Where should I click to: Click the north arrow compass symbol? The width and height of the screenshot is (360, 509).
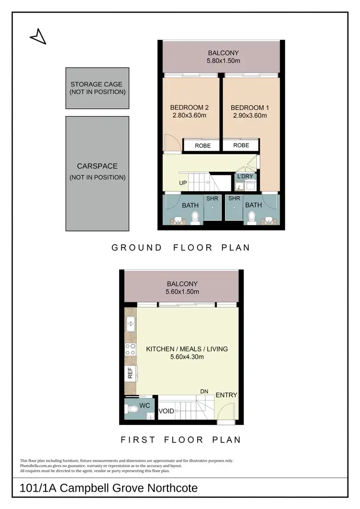pos(38,36)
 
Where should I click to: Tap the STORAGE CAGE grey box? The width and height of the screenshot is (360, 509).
pos(97,88)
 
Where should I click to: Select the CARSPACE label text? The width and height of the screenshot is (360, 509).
pos(97,166)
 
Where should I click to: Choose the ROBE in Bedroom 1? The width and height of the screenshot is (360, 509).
pos(241,145)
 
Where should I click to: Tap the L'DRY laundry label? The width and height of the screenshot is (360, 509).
pos(246,177)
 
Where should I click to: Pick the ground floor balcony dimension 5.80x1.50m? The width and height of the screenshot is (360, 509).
pos(223,61)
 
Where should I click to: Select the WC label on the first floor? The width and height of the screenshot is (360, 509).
pos(145,406)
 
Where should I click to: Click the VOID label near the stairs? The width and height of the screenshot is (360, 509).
pos(166,411)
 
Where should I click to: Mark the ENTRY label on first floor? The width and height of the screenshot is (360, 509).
pos(226,395)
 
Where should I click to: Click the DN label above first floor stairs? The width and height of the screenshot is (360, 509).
pos(204,392)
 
